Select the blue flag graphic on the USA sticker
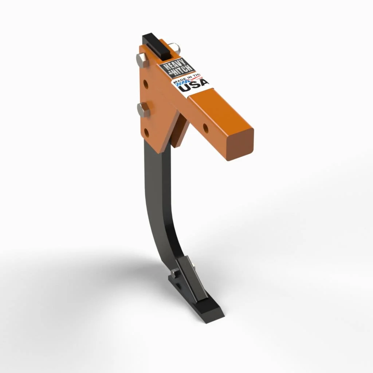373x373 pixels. pos(181,85)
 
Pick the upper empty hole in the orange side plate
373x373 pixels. pos(146,85)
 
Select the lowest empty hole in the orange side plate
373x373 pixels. pos(146,133)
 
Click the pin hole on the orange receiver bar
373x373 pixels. pos(205,128)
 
